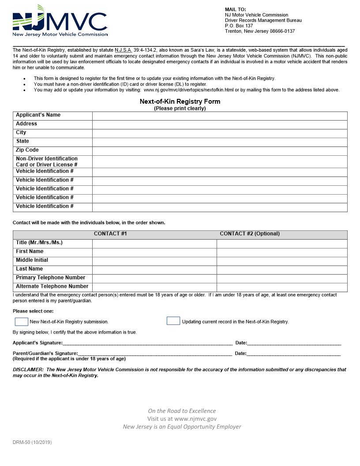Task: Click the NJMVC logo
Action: tap(60, 21)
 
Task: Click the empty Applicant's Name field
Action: tap(220, 116)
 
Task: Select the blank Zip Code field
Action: tap(220, 150)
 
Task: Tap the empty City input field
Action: tap(220, 133)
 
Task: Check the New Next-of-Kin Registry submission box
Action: tap(21, 321)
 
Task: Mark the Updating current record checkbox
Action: tap(173, 321)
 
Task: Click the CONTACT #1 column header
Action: tap(110, 234)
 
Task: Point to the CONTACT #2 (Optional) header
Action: tap(250, 234)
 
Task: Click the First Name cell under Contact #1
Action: tap(154, 252)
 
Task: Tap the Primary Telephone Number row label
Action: tap(51, 278)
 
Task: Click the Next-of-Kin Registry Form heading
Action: tap(180, 101)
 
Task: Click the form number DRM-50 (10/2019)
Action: tap(32, 442)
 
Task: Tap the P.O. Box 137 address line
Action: tap(239, 26)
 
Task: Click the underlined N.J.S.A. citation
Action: tap(124, 50)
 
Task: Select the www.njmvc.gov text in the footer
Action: tap(195, 419)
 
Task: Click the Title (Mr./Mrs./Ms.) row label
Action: tap(39, 243)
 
